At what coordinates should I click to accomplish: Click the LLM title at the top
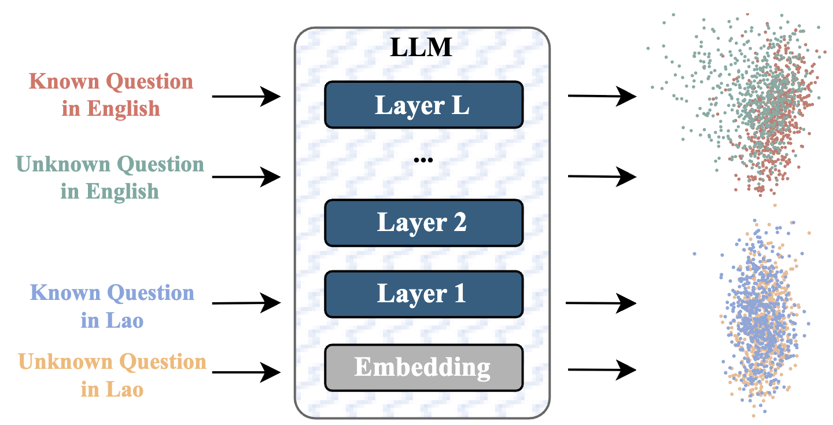tap(421, 47)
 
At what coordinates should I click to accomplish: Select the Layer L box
tap(423, 104)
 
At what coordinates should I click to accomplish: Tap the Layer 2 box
tap(423, 222)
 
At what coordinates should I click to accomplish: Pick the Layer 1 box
tap(423, 294)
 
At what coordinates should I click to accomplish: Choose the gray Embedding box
tap(423, 367)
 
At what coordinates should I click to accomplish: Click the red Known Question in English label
tap(111, 94)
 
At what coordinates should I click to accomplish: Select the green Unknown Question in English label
tap(110, 177)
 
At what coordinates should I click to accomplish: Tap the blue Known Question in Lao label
tap(112, 306)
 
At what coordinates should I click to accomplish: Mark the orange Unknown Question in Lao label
tap(112, 375)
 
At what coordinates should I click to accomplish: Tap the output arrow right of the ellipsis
tap(602, 176)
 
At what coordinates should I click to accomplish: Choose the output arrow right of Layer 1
tap(600, 302)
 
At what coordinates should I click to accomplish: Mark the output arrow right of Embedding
tap(602, 368)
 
